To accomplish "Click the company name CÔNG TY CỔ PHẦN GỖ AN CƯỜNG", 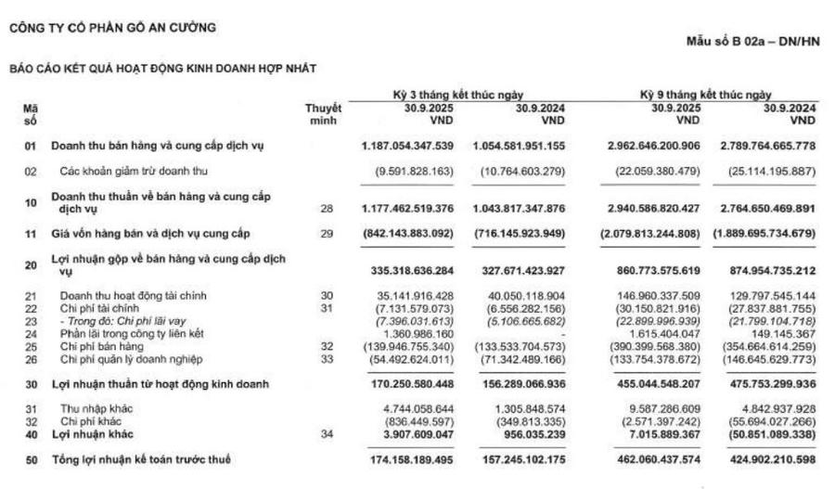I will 112,28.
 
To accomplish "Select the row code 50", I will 30,459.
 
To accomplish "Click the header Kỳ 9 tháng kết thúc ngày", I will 706,95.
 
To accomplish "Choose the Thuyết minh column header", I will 322,114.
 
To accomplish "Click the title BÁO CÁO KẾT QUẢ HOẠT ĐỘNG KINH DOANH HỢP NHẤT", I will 162,69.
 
